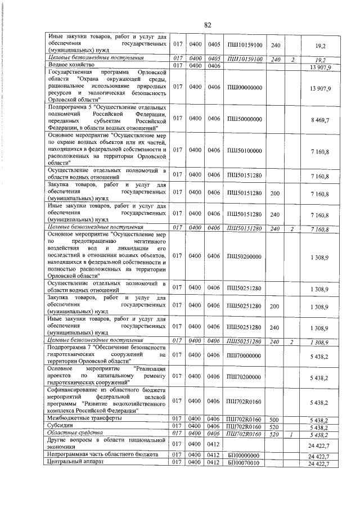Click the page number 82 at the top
point(208,25)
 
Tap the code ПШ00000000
point(245,88)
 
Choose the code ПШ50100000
point(245,149)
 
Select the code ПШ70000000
point(245,355)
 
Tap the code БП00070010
point(245,463)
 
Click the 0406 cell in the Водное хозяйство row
point(214,66)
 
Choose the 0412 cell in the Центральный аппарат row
point(214,463)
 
